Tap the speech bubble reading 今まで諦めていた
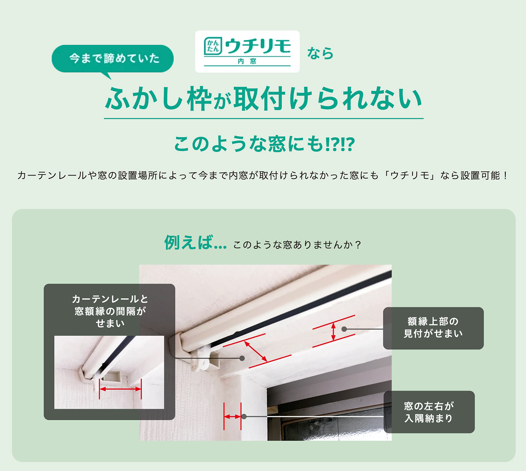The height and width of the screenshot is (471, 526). pos(113,58)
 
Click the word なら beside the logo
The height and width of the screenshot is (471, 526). pos(320,53)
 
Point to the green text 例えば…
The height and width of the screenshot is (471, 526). pos(195,243)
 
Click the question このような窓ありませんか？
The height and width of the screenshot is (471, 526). pos(297,245)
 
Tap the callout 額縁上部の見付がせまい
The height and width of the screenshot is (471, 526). pos(433,328)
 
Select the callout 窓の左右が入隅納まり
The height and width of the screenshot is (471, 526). pos(429,412)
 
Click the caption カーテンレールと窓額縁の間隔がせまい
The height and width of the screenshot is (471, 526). pos(109,311)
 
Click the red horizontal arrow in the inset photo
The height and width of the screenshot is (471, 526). pos(120,389)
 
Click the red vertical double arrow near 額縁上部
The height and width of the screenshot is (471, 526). pos(333,332)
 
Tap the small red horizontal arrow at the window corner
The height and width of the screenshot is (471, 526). pos(232,416)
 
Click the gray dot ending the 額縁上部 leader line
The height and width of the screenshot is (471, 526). pos(344,329)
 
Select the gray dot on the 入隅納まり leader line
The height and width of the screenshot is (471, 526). pos(244,416)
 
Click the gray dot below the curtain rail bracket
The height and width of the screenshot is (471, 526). pos(242,358)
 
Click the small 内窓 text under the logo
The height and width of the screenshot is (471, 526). pos(247,61)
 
